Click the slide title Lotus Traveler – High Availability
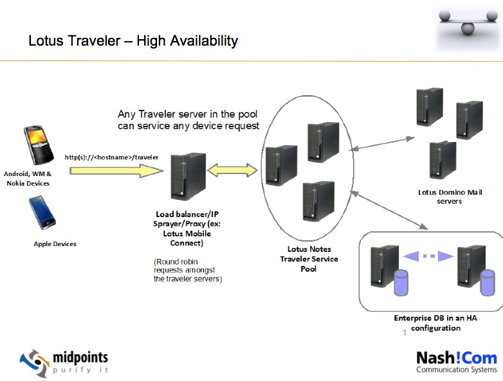coord(133,41)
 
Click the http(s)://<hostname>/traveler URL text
coord(103,157)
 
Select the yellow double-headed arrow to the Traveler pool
coord(231,171)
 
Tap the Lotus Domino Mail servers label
coord(440,197)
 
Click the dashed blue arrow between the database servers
coord(428,256)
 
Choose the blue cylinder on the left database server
coord(401,282)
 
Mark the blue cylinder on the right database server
coord(488,282)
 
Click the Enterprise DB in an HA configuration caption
coord(427,323)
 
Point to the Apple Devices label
coord(55,244)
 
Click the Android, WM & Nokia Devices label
coord(27,179)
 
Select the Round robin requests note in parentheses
coord(188,270)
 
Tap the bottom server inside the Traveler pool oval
coord(318,201)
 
